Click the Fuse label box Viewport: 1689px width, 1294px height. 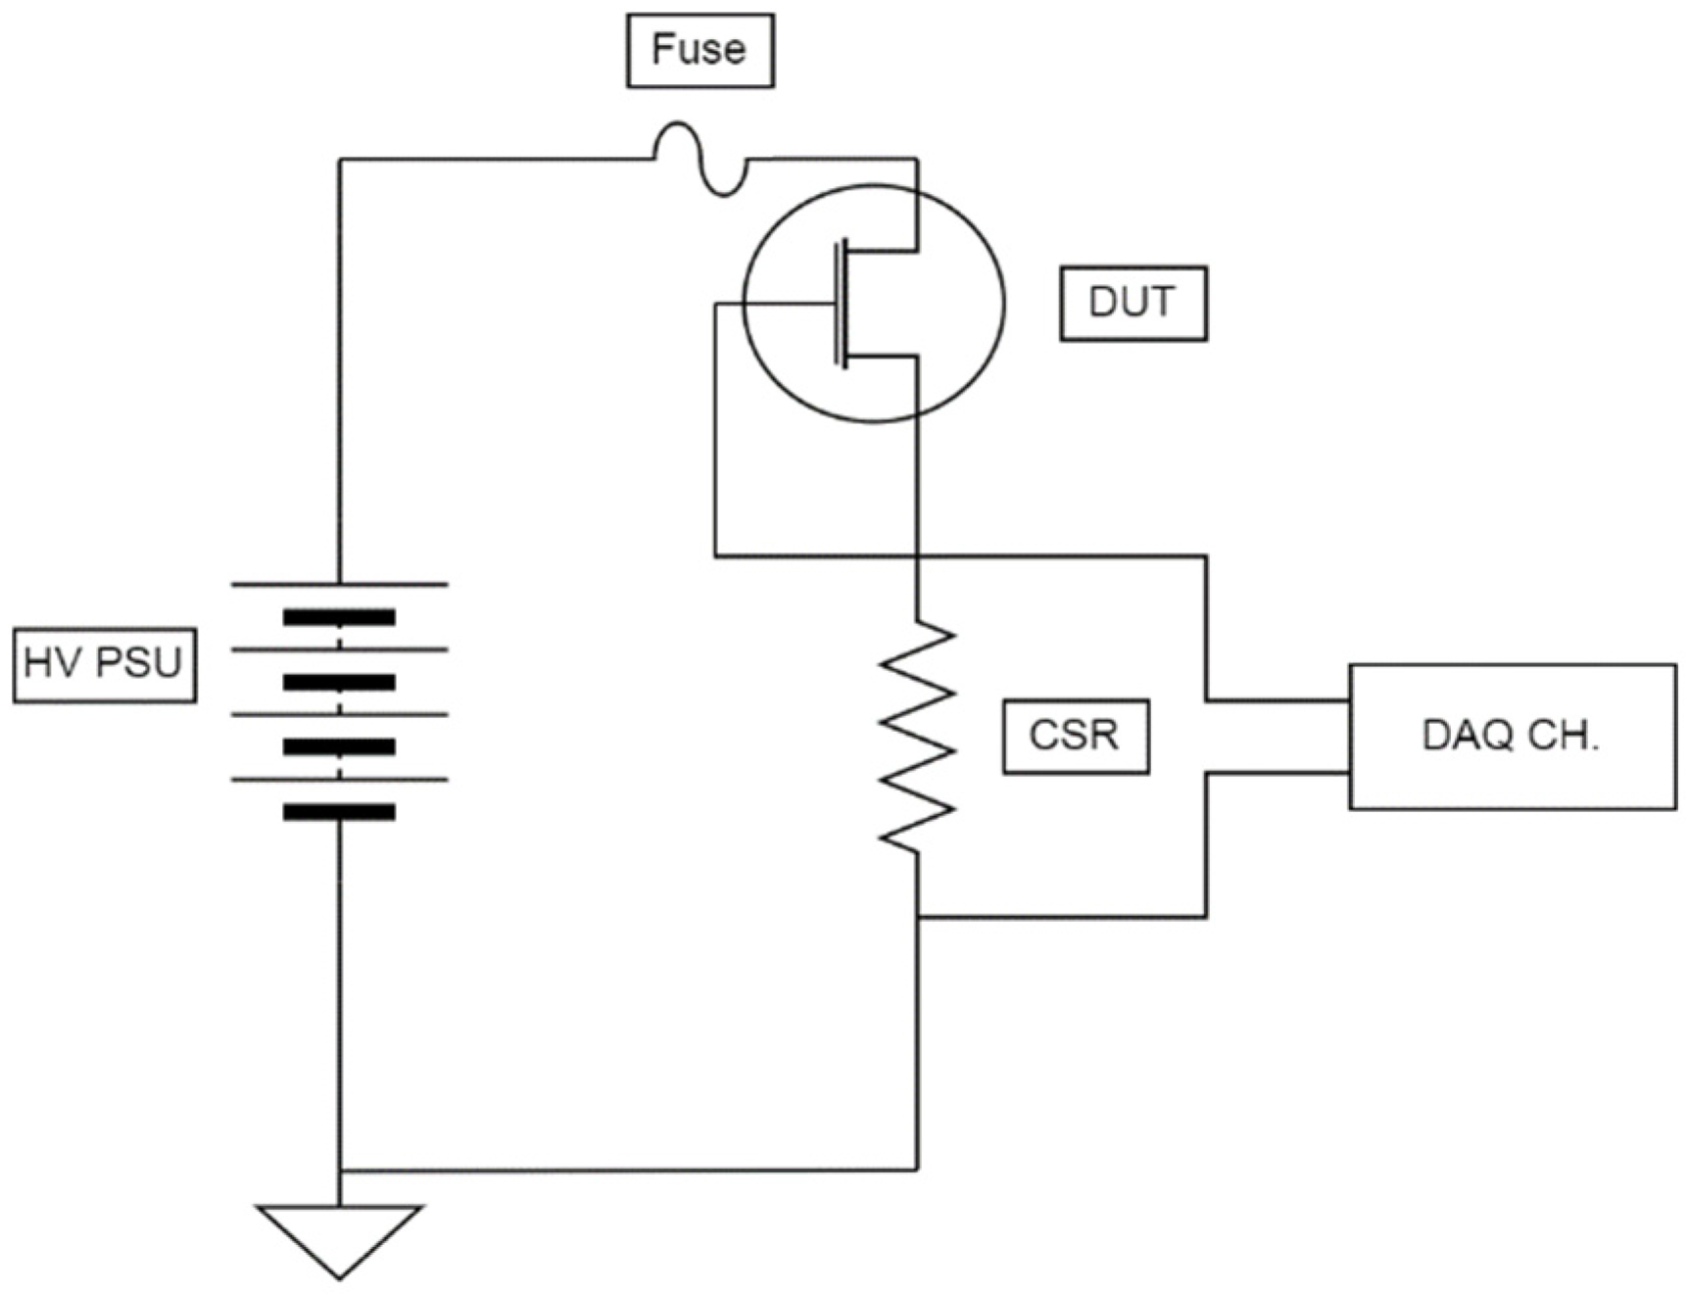point(700,50)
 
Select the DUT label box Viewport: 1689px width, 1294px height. point(1133,303)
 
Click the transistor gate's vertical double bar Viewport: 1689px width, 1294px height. point(840,304)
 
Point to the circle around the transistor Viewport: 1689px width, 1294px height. point(999,304)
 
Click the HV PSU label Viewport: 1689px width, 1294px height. point(104,665)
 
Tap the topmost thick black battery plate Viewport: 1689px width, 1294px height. point(339,617)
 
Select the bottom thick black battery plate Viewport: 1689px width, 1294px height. point(339,812)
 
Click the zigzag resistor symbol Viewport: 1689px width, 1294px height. point(917,735)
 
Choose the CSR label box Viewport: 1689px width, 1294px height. point(1075,737)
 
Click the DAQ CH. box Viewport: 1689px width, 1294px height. point(1512,737)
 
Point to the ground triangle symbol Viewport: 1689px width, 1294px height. point(339,1234)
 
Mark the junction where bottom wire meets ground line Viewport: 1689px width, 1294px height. point(340,1170)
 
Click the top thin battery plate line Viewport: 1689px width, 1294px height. point(339,585)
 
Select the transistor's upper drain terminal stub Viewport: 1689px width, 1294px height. point(882,251)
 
